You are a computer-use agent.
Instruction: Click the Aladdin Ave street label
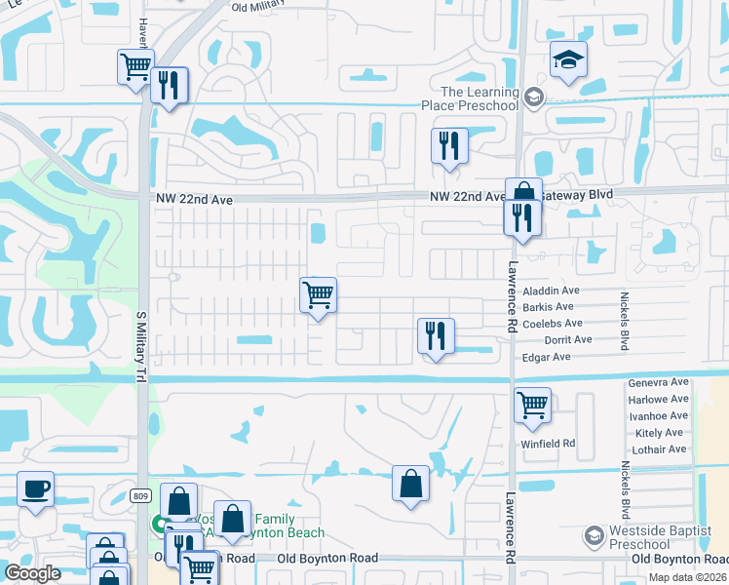click(552, 291)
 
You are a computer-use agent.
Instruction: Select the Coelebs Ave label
click(553, 324)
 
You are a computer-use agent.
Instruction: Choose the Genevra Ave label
click(658, 383)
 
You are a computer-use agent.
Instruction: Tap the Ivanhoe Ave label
click(659, 416)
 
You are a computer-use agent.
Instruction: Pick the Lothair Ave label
click(659, 449)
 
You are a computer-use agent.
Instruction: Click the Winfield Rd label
click(550, 443)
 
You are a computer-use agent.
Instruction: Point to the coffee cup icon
click(36, 488)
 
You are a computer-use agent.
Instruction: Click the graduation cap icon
click(568, 60)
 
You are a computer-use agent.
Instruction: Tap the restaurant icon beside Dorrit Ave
click(435, 335)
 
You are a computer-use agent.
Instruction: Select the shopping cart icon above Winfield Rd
click(532, 405)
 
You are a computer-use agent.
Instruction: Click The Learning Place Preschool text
click(471, 97)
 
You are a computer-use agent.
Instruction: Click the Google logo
click(32, 573)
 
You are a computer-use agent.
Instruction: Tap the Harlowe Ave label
click(659, 400)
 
